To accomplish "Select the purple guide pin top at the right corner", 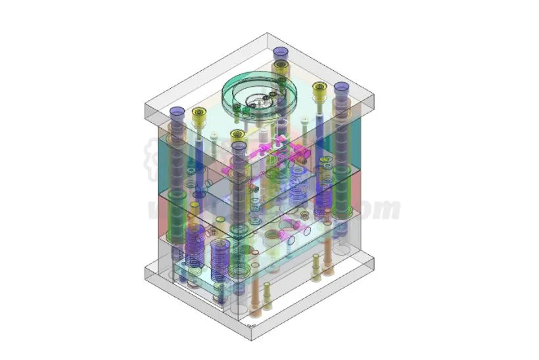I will (341, 87).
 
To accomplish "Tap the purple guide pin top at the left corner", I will (177, 111).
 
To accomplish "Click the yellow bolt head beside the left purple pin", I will (199, 113).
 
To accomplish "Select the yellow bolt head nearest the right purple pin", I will (319, 87).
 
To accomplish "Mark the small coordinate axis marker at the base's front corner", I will (250, 325).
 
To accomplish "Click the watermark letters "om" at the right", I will (383, 210).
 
